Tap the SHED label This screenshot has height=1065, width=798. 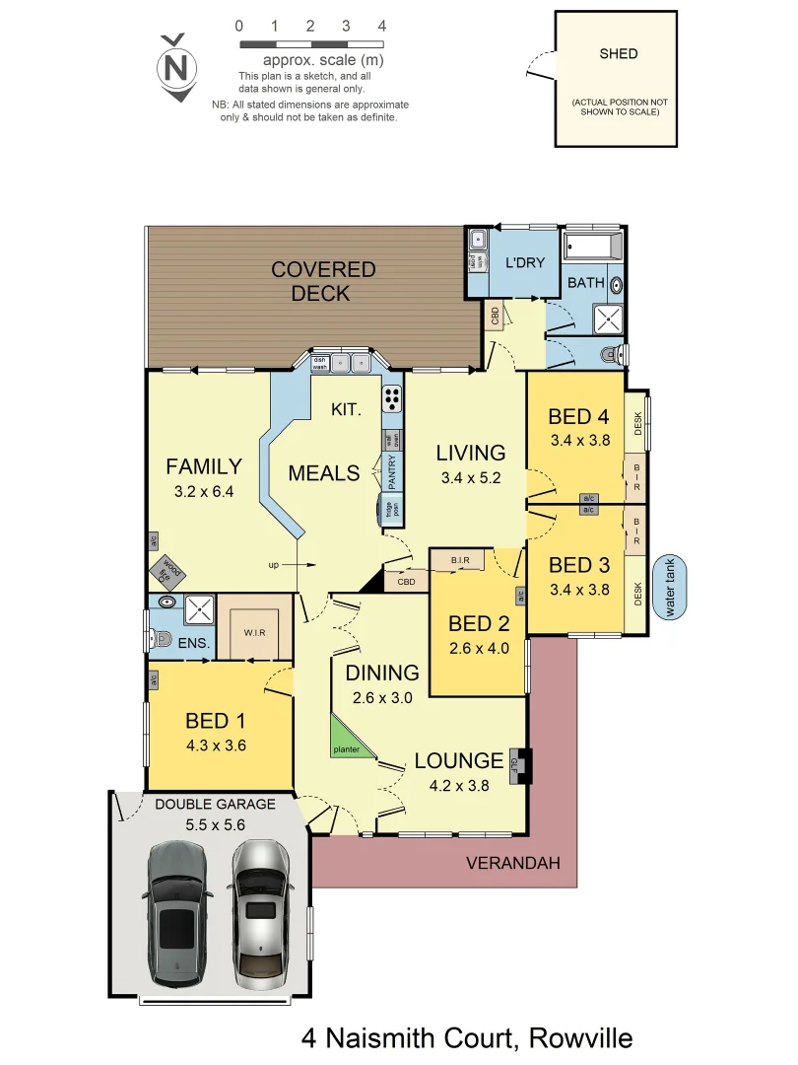coord(619,54)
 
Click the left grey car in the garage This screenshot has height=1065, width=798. coord(178,913)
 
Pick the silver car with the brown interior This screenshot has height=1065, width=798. coord(263,913)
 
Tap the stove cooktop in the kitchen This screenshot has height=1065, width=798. coord(392,398)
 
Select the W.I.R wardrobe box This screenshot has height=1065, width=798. coord(255,627)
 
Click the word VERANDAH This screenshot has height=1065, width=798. coord(513,863)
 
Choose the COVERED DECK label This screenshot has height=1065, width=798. coord(323,280)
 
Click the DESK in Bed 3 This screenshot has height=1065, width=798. coord(637,594)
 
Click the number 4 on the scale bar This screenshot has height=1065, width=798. coord(381,26)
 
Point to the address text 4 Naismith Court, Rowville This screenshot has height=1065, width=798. coord(466,1037)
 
